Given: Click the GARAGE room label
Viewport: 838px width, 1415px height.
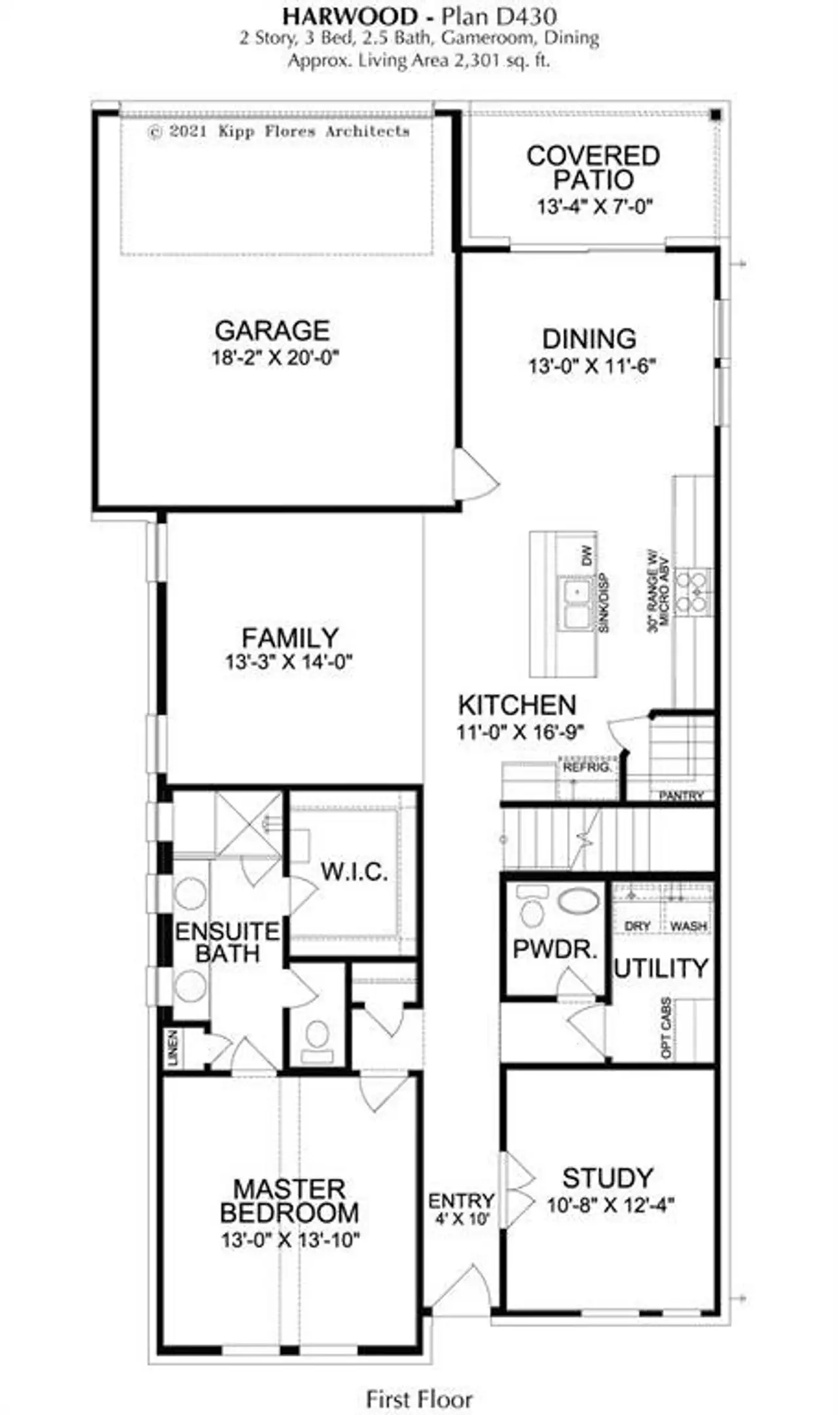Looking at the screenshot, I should [272, 331].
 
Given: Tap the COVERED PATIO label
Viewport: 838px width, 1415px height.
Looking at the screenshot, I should [593, 168].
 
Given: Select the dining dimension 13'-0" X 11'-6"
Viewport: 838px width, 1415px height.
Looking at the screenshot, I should [592, 365].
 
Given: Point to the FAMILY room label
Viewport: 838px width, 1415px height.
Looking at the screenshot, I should [290, 637].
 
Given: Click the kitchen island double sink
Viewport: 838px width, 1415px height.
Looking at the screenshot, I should [576, 603].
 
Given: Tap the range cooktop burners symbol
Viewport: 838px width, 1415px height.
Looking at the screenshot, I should [693, 591].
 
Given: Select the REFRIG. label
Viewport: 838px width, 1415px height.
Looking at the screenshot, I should [587, 767].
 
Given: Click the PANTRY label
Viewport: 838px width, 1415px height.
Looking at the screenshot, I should [681, 796].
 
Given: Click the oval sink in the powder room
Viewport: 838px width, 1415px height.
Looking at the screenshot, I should [578, 901].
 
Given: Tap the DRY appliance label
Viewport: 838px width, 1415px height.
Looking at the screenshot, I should [637, 927].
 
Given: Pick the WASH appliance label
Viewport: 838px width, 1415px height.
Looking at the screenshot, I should [688, 927].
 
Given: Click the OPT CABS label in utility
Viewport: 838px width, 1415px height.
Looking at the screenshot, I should [666, 1027].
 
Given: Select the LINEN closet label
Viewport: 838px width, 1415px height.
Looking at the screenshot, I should [173, 1048].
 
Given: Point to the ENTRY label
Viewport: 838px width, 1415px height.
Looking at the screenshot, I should [462, 1202].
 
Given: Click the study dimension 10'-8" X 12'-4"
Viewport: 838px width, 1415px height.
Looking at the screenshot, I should [611, 1205].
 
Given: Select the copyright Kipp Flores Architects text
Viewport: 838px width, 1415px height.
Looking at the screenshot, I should [279, 132].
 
